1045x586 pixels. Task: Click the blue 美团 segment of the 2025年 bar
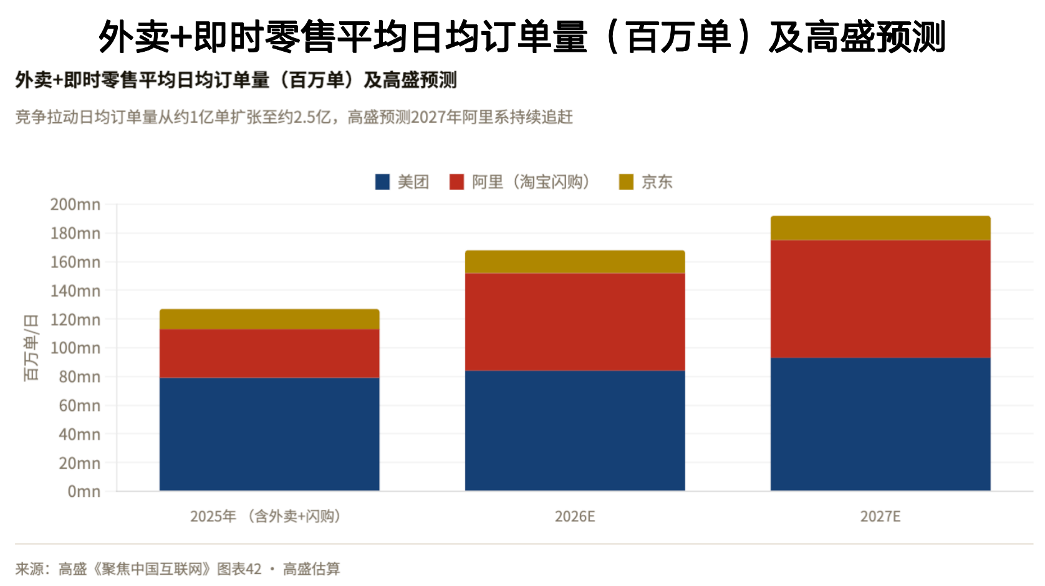pyautogui.click(x=269, y=434)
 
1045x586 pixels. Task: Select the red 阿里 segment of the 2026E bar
pyautogui.click(x=575, y=322)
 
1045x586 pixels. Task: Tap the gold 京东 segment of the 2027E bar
pyautogui.click(x=880, y=228)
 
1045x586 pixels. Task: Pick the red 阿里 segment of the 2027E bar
pyautogui.click(x=880, y=299)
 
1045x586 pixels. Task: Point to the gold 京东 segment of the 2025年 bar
pyautogui.click(x=269, y=319)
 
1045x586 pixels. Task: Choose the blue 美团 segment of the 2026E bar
pyautogui.click(x=575, y=430)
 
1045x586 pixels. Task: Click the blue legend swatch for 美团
pyautogui.click(x=382, y=182)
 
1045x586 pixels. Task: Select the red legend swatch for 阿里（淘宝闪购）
pyautogui.click(x=456, y=182)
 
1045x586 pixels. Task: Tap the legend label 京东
pyautogui.click(x=657, y=182)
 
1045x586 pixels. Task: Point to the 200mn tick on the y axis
pyautogui.click(x=75, y=204)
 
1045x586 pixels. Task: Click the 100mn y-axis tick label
pyautogui.click(x=75, y=348)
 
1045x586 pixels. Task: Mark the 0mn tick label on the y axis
pyautogui.click(x=84, y=492)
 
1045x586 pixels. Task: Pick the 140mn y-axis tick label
pyautogui.click(x=75, y=291)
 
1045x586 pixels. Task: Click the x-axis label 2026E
pyautogui.click(x=575, y=517)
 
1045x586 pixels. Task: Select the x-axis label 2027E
pyautogui.click(x=880, y=517)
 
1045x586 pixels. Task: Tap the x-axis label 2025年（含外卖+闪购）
pyautogui.click(x=266, y=517)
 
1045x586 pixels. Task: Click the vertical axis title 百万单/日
pyautogui.click(x=31, y=347)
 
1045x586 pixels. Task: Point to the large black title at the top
pyautogui.click(x=522, y=36)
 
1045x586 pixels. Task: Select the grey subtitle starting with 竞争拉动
pyautogui.click(x=294, y=117)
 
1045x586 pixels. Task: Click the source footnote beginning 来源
pyautogui.click(x=178, y=569)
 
